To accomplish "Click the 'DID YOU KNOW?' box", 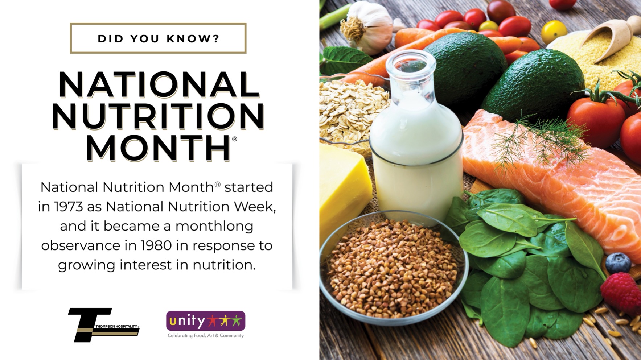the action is point(158,38).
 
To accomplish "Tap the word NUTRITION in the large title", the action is point(158,116).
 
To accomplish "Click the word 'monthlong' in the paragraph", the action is point(214,227).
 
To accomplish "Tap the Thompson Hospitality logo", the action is point(104,325).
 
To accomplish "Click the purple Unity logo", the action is point(206,320).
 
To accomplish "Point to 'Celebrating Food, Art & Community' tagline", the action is point(206,336).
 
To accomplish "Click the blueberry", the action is point(618,262).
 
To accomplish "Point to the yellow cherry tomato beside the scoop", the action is point(554,32).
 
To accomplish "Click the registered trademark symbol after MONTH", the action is point(234,139).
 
